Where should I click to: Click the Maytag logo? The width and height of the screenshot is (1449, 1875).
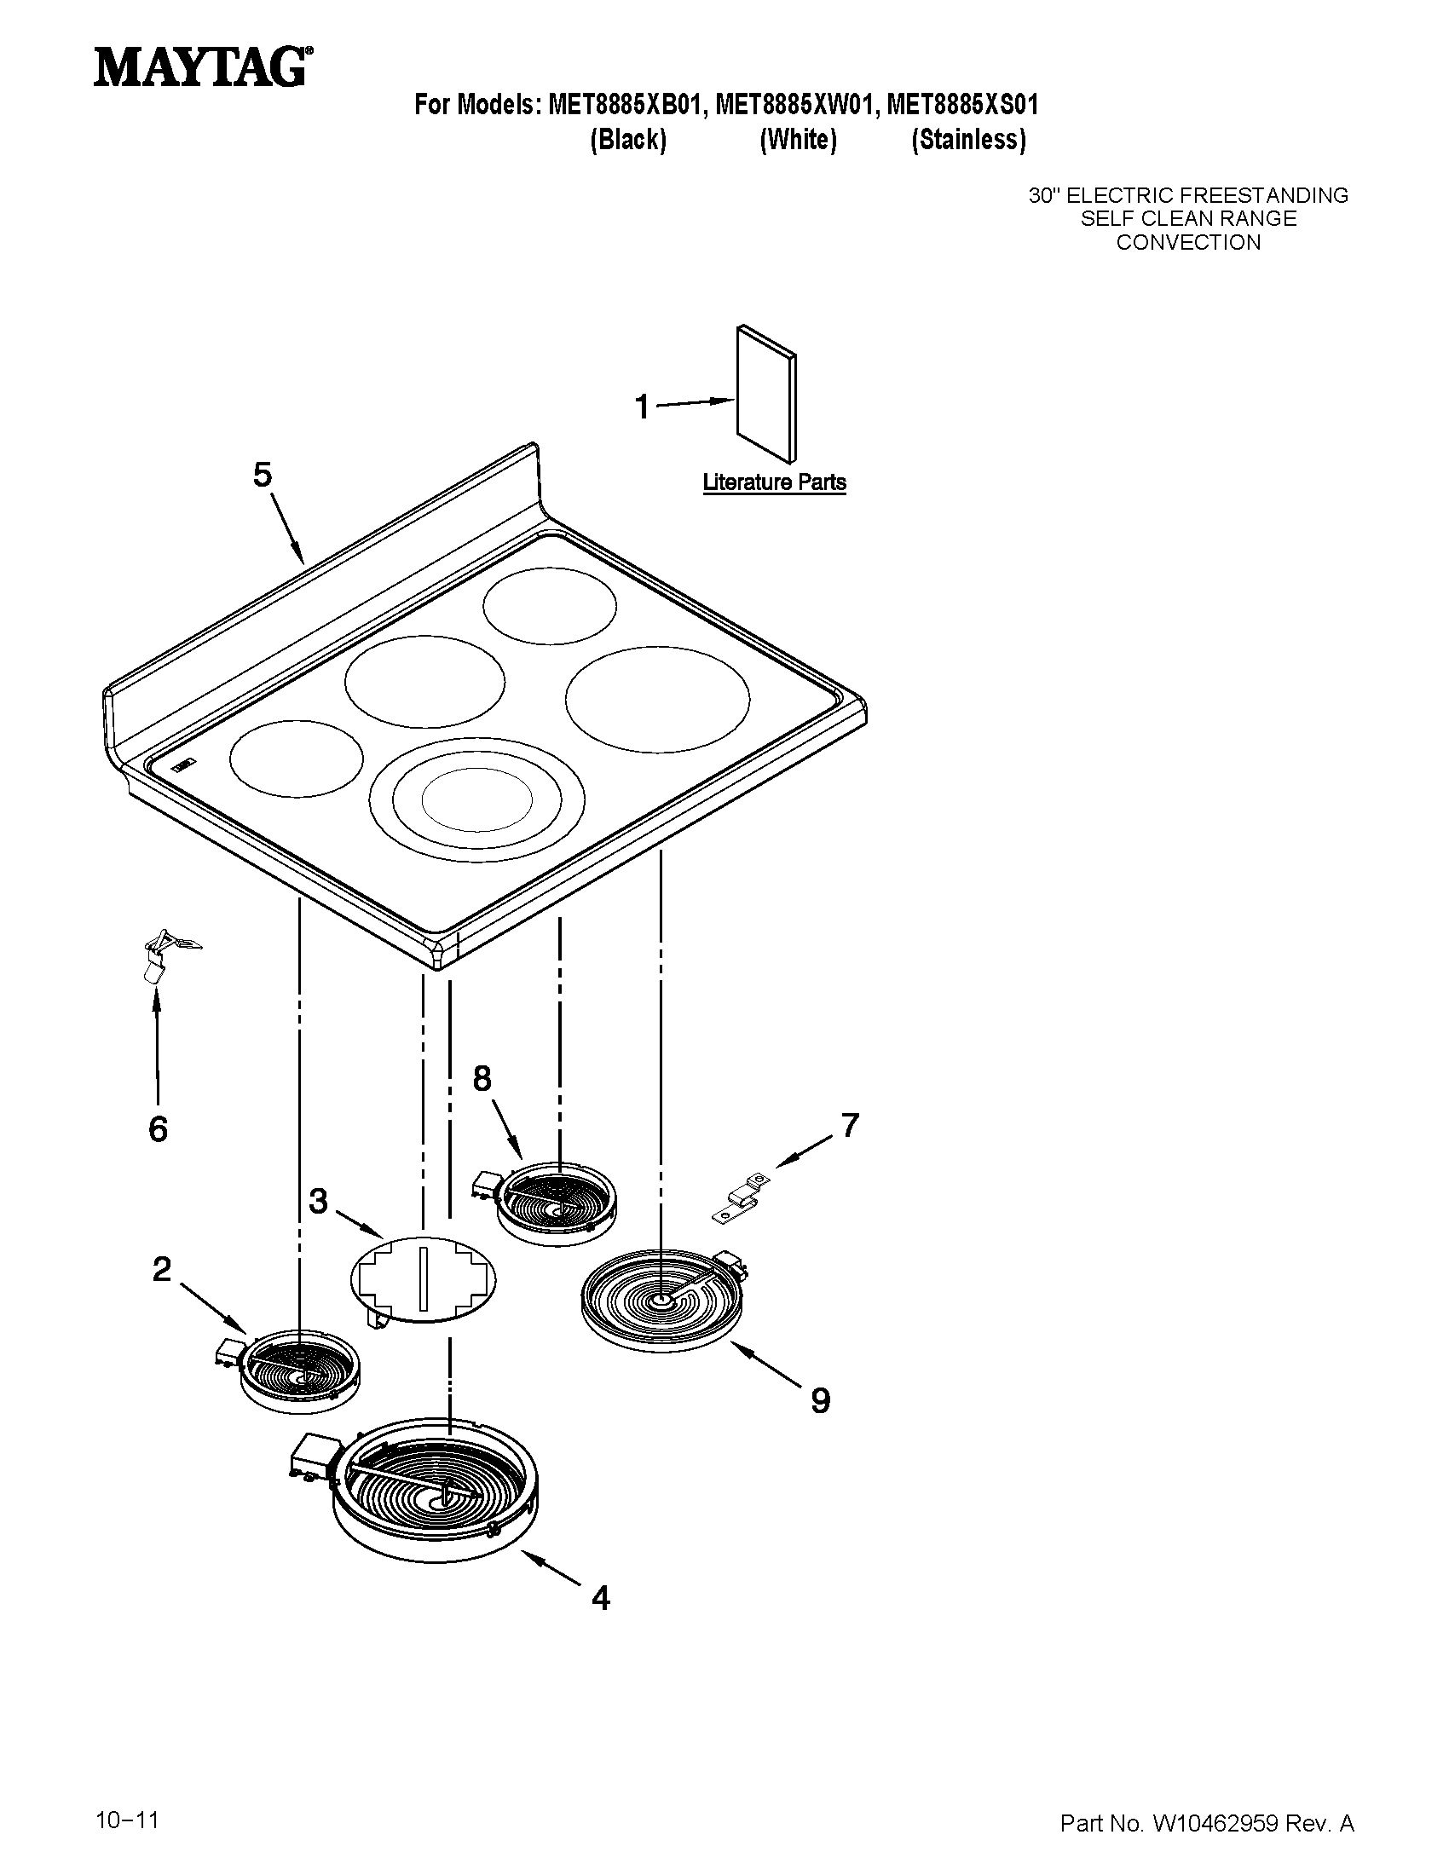(203, 67)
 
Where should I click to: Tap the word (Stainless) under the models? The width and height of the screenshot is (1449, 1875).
(968, 139)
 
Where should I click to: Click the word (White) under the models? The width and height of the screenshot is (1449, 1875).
(798, 139)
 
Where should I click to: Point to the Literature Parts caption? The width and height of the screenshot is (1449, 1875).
(774, 482)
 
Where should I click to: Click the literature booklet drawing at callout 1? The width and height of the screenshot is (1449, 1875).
(766, 394)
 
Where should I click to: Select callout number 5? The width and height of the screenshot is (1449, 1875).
(263, 474)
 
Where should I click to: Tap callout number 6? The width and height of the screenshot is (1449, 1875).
(158, 1129)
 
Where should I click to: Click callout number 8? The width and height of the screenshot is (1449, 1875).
(482, 1078)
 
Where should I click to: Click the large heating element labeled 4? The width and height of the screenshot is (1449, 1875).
(436, 1493)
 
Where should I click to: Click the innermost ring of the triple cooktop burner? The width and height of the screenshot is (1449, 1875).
(476, 799)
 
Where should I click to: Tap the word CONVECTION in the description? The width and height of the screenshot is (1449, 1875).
(1188, 243)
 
